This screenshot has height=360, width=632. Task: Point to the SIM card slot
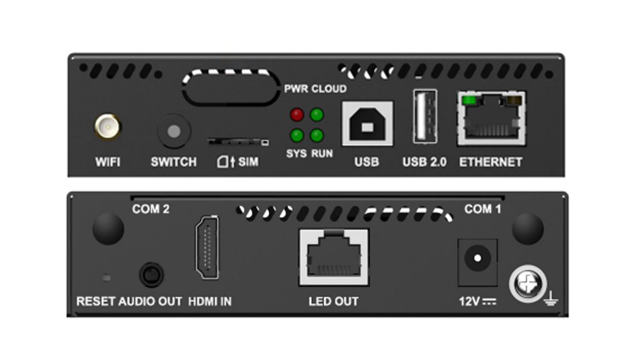(x=237, y=141)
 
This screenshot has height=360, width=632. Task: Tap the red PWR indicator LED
(x=296, y=115)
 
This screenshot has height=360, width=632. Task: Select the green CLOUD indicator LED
(x=317, y=115)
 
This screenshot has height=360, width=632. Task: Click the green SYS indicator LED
(x=296, y=135)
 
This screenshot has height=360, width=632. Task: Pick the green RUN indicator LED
(x=317, y=135)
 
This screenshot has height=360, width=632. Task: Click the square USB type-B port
(x=367, y=124)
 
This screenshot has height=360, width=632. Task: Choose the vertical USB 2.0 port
(x=424, y=116)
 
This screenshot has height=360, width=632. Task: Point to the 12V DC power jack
(x=477, y=258)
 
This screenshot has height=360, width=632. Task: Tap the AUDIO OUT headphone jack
(x=151, y=275)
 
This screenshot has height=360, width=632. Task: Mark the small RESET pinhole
(x=106, y=277)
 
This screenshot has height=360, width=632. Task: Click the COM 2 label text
(x=150, y=209)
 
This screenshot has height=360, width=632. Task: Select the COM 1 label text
(x=483, y=209)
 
